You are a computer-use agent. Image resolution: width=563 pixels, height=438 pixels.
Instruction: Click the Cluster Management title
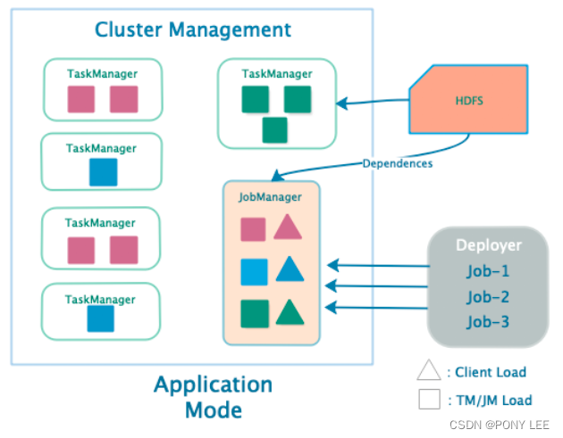pos(193,29)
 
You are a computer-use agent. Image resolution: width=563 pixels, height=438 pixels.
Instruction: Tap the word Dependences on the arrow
pos(398,163)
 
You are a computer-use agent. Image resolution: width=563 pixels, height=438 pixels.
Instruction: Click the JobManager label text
pos(270,197)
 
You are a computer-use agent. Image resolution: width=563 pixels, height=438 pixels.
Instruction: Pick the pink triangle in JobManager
pos(287,228)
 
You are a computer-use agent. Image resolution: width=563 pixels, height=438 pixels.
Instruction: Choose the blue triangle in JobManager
pos(288,269)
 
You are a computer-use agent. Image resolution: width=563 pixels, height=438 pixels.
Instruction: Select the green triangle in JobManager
pos(289,312)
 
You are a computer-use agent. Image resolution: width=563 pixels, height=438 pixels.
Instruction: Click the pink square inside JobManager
pos(254,229)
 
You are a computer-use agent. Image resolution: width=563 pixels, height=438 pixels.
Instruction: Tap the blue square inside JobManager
pos(255,270)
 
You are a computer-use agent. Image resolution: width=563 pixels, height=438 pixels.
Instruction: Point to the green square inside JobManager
pos(255,313)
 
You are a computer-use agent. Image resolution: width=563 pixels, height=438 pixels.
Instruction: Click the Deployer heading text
pos(488,245)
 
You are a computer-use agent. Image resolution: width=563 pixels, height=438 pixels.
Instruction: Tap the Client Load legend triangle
pos(430,371)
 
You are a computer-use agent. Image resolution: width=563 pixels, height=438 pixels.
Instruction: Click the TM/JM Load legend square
pos(430,401)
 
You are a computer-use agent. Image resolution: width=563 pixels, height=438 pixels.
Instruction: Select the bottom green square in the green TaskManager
pos(275,130)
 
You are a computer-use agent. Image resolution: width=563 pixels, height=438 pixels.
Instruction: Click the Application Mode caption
pos(213,397)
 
